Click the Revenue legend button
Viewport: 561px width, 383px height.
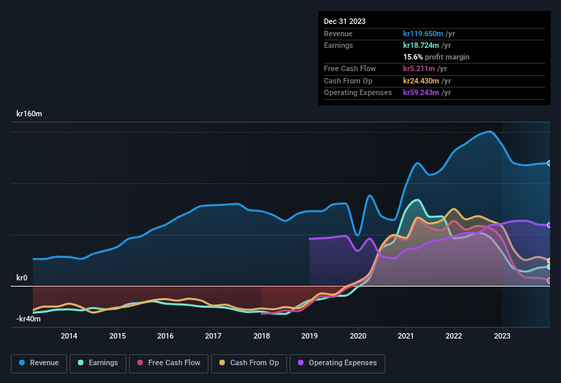coord(39,363)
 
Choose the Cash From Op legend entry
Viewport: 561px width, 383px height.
coord(248,363)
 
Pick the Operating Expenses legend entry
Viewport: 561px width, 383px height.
coord(338,363)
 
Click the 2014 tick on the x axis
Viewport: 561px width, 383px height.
coord(69,336)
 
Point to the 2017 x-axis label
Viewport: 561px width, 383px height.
coord(213,336)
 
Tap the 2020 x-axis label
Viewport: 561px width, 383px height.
coord(357,336)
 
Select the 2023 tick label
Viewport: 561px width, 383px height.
coord(502,336)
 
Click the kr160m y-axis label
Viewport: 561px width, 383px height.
coord(29,114)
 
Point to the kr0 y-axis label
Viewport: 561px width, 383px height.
coord(22,278)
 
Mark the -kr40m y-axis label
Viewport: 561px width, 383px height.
coord(29,319)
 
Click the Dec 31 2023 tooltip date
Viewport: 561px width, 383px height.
coord(344,21)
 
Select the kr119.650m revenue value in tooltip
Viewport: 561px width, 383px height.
coord(424,34)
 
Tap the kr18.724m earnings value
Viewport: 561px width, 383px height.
coord(422,45)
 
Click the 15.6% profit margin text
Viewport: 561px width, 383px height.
coord(436,57)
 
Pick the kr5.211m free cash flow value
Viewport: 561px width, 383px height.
coord(420,68)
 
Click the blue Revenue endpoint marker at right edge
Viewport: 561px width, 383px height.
coord(549,163)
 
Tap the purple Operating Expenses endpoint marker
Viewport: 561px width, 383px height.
coord(549,225)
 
